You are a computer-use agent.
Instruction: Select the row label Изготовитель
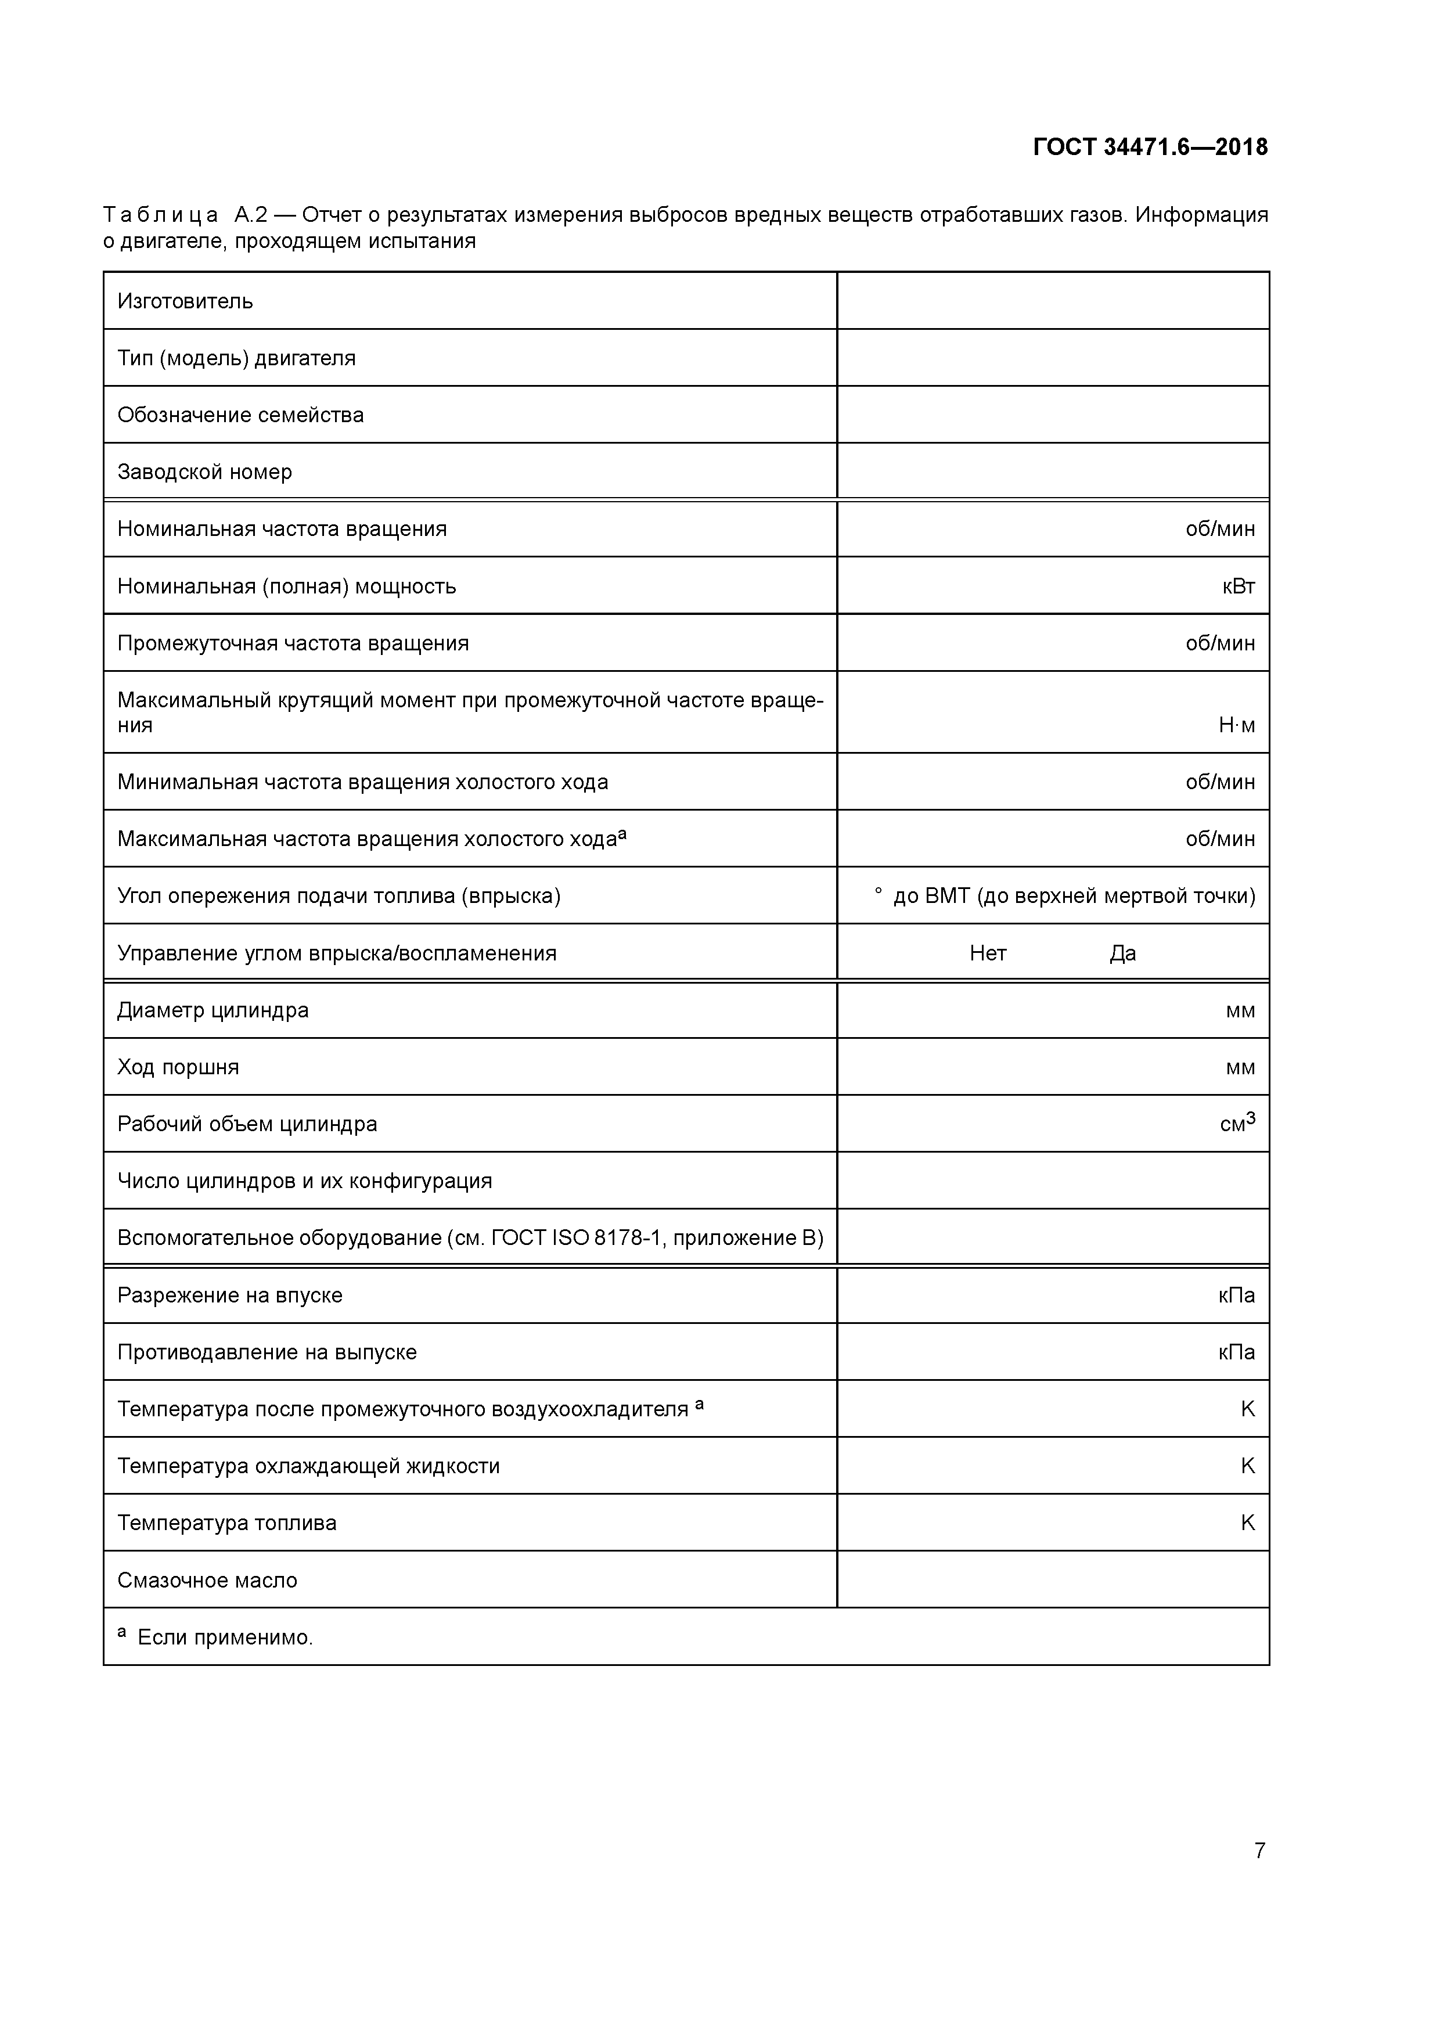pyautogui.click(x=185, y=301)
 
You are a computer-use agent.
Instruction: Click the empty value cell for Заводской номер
pyautogui.click(x=1052, y=471)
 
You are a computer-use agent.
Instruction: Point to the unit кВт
pyautogui.click(x=1238, y=586)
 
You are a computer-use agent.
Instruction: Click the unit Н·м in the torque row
pyautogui.click(x=1237, y=726)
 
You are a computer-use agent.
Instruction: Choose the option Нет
pyautogui.click(x=988, y=953)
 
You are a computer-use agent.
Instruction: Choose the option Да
pyautogui.click(x=1122, y=953)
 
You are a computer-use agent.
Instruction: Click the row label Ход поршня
pyautogui.click(x=178, y=1067)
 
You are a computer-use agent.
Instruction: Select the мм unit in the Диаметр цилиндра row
pyautogui.click(x=1240, y=1010)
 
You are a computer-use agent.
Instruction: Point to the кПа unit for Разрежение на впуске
pyautogui.click(x=1237, y=1295)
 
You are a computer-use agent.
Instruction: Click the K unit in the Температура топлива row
pyautogui.click(x=1247, y=1523)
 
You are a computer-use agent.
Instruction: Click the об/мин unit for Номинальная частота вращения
pyautogui.click(x=1220, y=530)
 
